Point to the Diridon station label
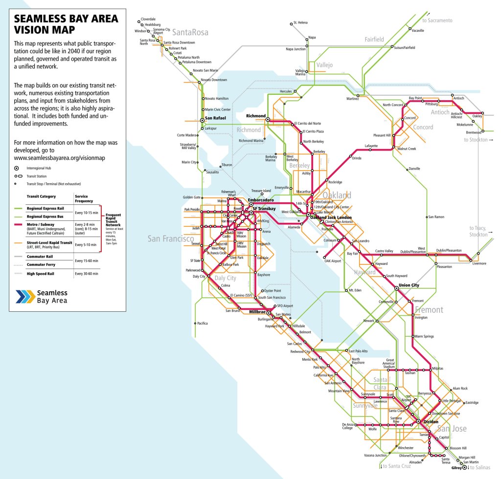[x=430, y=421]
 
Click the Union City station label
[x=409, y=285]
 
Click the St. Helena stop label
[x=300, y=22]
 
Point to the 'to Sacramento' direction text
[x=437, y=21]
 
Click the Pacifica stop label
[x=202, y=323]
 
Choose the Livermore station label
[x=480, y=263]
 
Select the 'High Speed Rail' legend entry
[x=41, y=274]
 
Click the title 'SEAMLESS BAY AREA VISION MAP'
[x=66, y=24]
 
